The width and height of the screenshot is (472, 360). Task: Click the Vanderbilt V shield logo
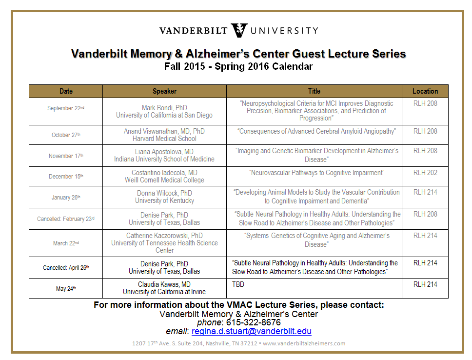tap(238, 30)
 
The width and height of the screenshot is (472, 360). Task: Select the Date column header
tap(66, 91)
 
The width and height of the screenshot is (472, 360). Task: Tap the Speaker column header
tap(164, 91)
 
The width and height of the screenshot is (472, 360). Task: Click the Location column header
tap(425, 91)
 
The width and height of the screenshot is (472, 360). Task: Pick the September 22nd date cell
tap(66, 108)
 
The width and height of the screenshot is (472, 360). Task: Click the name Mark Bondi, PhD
tap(164, 108)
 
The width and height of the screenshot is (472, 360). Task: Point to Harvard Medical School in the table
tap(164, 139)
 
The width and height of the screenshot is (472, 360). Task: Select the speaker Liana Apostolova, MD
tap(164, 152)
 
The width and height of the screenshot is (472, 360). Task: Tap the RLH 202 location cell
tap(425, 173)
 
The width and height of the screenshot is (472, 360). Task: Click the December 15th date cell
tap(66, 177)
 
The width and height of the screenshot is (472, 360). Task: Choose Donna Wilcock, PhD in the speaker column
tap(164, 193)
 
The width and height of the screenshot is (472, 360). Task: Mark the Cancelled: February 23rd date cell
tap(66, 219)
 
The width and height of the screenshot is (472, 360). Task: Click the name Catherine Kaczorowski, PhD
tap(164, 236)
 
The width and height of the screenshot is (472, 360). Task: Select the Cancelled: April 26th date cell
tap(66, 267)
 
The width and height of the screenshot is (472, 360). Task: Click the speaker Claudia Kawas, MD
tap(164, 284)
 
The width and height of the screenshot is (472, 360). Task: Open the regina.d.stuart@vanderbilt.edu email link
tap(251, 332)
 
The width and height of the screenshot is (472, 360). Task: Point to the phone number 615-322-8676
tap(253, 322)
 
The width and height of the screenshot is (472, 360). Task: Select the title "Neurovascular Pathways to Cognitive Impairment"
tap(317, 173)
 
